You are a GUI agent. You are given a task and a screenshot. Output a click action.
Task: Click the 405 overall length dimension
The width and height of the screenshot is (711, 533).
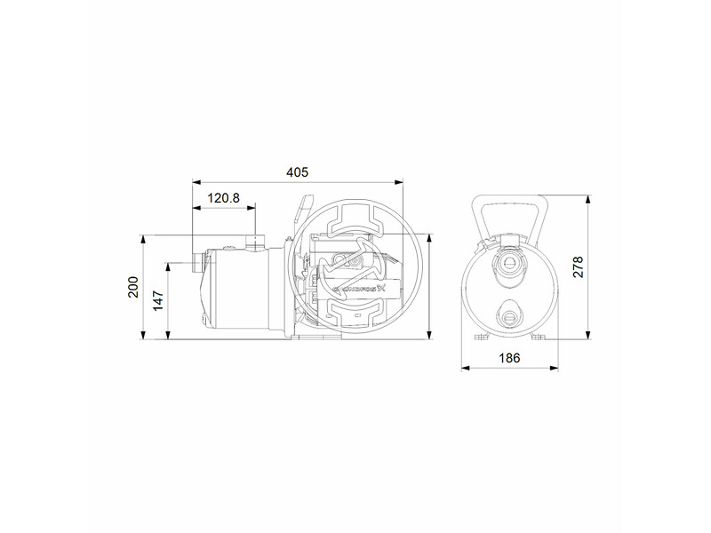click(x=298, y=172)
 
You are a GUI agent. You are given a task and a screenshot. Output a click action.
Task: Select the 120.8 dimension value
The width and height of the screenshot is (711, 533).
click(x=223, y=199)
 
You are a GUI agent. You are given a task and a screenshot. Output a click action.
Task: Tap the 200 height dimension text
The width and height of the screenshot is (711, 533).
click(x=134, y=288)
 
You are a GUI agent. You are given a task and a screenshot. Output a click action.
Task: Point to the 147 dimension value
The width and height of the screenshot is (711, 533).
click(x=158, y=300)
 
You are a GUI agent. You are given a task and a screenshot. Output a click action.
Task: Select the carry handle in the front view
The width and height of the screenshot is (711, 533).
click(x=510, y=213)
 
